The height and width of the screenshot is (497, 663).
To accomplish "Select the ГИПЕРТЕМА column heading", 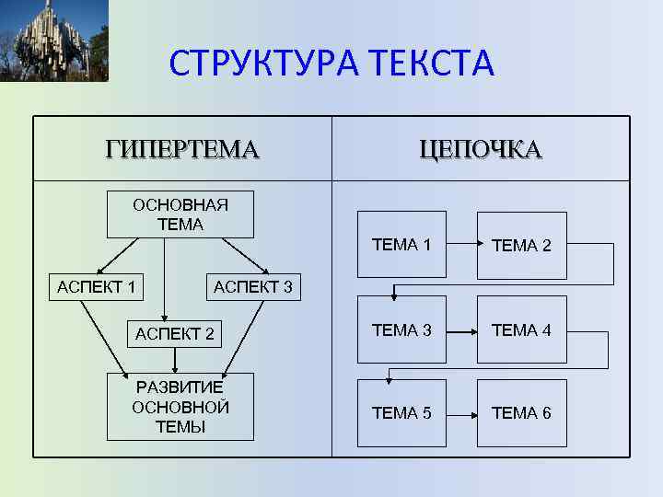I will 182,149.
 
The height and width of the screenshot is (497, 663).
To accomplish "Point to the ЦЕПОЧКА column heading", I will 480,149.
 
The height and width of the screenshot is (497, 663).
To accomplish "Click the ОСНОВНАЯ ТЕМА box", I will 180,214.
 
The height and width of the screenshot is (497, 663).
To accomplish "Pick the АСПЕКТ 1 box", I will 96,287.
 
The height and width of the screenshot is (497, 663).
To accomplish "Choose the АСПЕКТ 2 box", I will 175,334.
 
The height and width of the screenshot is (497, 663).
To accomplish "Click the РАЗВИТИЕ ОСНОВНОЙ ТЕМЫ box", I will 180,407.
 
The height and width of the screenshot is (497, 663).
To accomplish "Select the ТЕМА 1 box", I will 401,245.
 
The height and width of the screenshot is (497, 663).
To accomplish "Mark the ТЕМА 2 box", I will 521,246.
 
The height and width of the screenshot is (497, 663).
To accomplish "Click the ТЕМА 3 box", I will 401,329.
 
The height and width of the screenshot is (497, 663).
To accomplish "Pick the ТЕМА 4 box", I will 521,329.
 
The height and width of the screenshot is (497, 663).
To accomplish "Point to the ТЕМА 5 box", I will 401,413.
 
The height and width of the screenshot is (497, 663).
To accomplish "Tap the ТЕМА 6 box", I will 521,413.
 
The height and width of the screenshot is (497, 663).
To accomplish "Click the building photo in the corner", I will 53,40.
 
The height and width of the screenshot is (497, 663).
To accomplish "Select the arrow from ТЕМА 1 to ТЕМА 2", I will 461,245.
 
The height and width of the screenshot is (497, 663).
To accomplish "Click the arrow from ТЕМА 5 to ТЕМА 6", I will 461,413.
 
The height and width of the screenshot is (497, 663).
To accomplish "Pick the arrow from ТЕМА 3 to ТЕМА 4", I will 461,329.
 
